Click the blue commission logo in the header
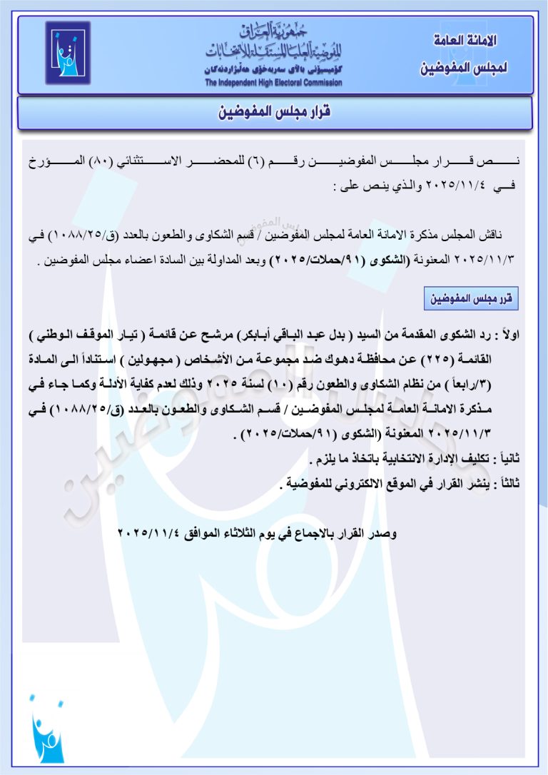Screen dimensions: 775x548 pyautogui.click(x=68, y=53)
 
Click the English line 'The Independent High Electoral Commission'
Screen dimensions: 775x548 pyautogui.click(x=273, y=83)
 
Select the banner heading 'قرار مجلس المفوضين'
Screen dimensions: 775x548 pyautogui.click(x=275, y=112)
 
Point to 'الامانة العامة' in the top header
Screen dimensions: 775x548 pyautogui.click(x=465, y=40)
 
